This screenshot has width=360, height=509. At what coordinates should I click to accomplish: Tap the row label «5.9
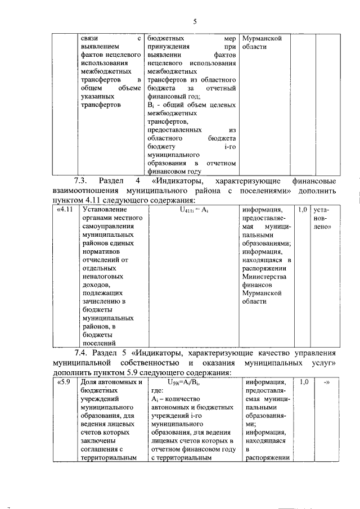tap(64, 382)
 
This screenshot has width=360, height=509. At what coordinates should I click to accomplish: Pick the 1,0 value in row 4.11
tap(303, 210)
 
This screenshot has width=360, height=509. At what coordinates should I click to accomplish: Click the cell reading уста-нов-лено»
tap(323, 219)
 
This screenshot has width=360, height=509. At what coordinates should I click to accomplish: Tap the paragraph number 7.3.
tap(82, 182)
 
